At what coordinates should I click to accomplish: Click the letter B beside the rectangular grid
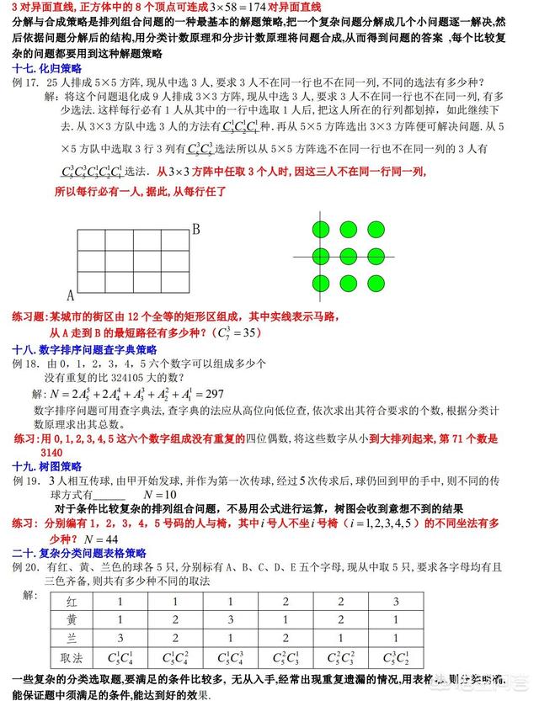195,228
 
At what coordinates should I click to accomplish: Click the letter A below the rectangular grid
71,296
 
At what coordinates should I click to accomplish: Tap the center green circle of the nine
347,256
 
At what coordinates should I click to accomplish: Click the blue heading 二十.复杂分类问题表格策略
79,553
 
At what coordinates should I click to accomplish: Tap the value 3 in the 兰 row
120,638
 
